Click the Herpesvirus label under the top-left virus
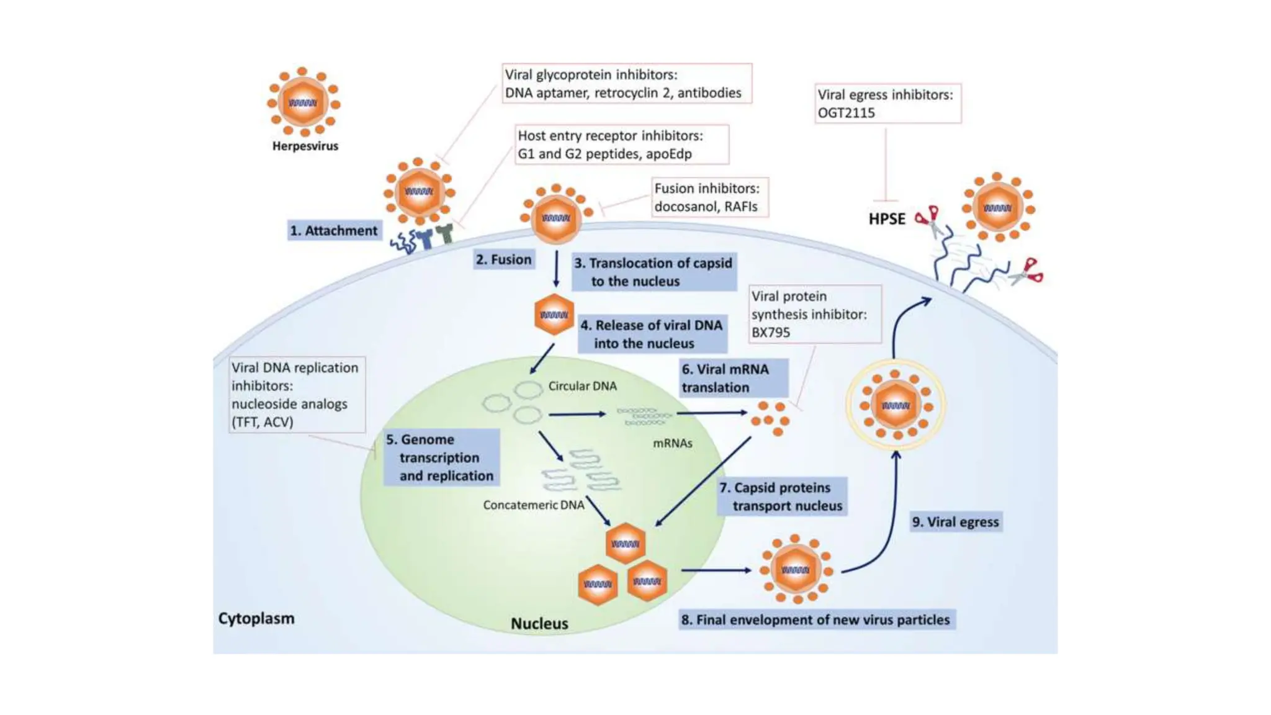click(x=305, y=146)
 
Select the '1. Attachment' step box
click(x=334, y=231)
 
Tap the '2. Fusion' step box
click(x=503, y=259)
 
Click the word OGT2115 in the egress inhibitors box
click(x=846, y=113)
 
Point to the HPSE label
click(x=887, y=219)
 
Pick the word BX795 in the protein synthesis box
click(x=770, y=333)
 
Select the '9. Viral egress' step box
click(x=956, y=522)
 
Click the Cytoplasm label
click(x=256, y=619)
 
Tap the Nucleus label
click(x=539, y=624)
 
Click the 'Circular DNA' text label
click(x=582, y=386)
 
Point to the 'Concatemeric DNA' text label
click(x=534, y=505)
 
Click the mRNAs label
click(x=672, y=443)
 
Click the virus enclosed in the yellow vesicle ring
click(x=895, y=405)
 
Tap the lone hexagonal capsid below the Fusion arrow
click(x=554, y=315)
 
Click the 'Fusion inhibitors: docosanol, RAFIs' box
click(x=710, y=197)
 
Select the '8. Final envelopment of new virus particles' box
click(x=816, y=620)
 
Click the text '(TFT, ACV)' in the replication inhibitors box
click(x=262, y=422)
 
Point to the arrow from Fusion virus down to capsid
click(x=556, y=269)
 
